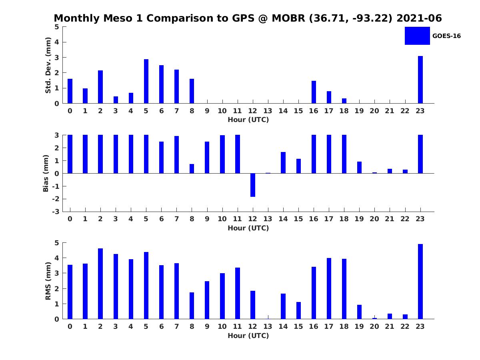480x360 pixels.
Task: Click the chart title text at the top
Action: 248,18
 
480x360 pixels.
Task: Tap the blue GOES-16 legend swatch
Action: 417,36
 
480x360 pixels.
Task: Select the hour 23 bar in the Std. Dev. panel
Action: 420,80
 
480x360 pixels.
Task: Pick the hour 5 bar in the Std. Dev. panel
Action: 146,81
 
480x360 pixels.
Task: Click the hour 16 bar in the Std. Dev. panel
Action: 314,92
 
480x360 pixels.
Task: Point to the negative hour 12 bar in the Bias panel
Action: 253,185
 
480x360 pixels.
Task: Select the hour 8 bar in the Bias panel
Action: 192,168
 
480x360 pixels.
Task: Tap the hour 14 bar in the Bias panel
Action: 283,162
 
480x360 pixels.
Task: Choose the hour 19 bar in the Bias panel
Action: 359,167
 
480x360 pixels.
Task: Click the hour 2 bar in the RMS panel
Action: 100,284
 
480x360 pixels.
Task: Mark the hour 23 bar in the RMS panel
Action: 420,281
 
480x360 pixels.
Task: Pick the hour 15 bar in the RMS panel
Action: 298,310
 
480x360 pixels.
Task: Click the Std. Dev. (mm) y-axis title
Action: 48,65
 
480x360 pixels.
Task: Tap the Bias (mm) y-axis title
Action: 46,173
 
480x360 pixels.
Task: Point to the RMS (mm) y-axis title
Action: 48,281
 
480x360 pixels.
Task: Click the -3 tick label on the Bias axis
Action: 56,212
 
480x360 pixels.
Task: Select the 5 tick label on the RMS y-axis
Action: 57,243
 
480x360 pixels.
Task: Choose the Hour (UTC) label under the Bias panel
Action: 248,228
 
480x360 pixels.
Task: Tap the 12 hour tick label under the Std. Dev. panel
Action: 253,111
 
